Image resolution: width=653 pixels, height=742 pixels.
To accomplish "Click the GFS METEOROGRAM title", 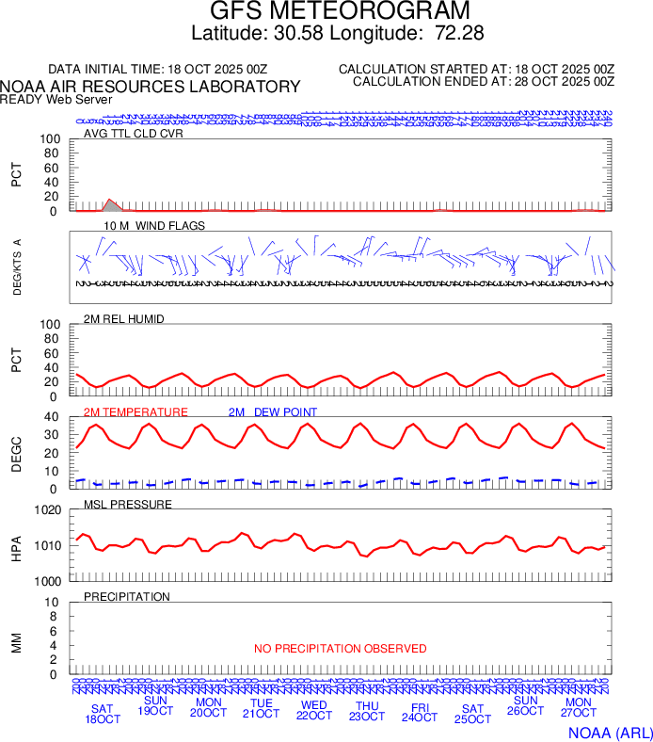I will tap(340, 12).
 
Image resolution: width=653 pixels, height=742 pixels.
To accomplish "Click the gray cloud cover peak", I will tap(110, 202).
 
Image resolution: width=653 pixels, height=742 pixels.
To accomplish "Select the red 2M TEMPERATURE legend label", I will tap(135, 412).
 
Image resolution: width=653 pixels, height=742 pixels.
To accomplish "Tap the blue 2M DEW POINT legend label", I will tap(273, 412).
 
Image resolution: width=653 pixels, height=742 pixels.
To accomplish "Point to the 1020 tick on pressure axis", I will tap(47, 510).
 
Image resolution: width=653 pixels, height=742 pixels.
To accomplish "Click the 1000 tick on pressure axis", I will tap(47, 581).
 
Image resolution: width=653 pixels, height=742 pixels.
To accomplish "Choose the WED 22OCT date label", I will tap(313, 710).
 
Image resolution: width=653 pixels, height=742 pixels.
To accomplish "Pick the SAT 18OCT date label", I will tap(103, 714).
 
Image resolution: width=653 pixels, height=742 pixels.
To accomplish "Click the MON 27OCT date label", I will tap(578, 708).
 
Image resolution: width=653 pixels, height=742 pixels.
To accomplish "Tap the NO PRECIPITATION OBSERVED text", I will tap(340, 649).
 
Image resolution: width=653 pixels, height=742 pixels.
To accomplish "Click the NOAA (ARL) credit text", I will tap(609, 733).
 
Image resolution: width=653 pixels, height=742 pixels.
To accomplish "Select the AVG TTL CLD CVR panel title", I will tap(133, 133).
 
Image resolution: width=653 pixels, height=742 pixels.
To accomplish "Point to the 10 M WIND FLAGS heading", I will tap(154, 226).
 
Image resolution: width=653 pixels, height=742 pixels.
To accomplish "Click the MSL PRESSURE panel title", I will tap(128, 505).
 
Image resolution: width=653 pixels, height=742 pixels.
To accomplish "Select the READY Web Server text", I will tap(56, 99).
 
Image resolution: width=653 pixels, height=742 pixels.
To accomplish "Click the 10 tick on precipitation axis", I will tap(54, 603).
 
